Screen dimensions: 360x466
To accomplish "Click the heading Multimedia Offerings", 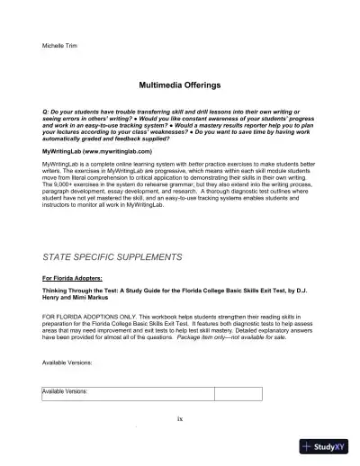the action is tap(180, 83).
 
